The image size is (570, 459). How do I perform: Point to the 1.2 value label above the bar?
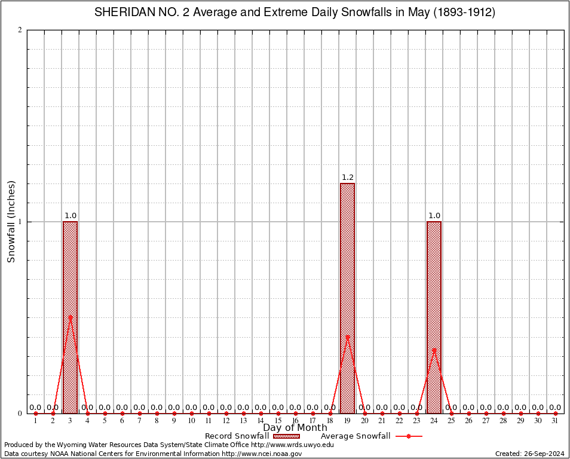coord(347,178)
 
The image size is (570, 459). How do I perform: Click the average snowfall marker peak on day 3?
coord(70,317)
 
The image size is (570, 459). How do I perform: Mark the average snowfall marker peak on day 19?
coord(347,336)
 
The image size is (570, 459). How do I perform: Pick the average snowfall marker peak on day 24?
coord(434,350)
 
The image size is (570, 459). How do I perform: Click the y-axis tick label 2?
coord(20,30)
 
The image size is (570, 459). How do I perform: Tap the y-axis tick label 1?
coord(20,222)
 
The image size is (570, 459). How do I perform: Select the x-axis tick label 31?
coord(555,421)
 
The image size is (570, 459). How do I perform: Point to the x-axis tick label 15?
coord(278,421)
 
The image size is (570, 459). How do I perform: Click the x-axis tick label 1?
coord(35,421)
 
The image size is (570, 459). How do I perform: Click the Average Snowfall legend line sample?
coord(408,436)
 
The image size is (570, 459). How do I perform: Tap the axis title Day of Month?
coord(295,428)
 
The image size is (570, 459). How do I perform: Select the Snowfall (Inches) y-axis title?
coord(11,222)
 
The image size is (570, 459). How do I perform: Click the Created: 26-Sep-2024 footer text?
coord(529,454)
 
